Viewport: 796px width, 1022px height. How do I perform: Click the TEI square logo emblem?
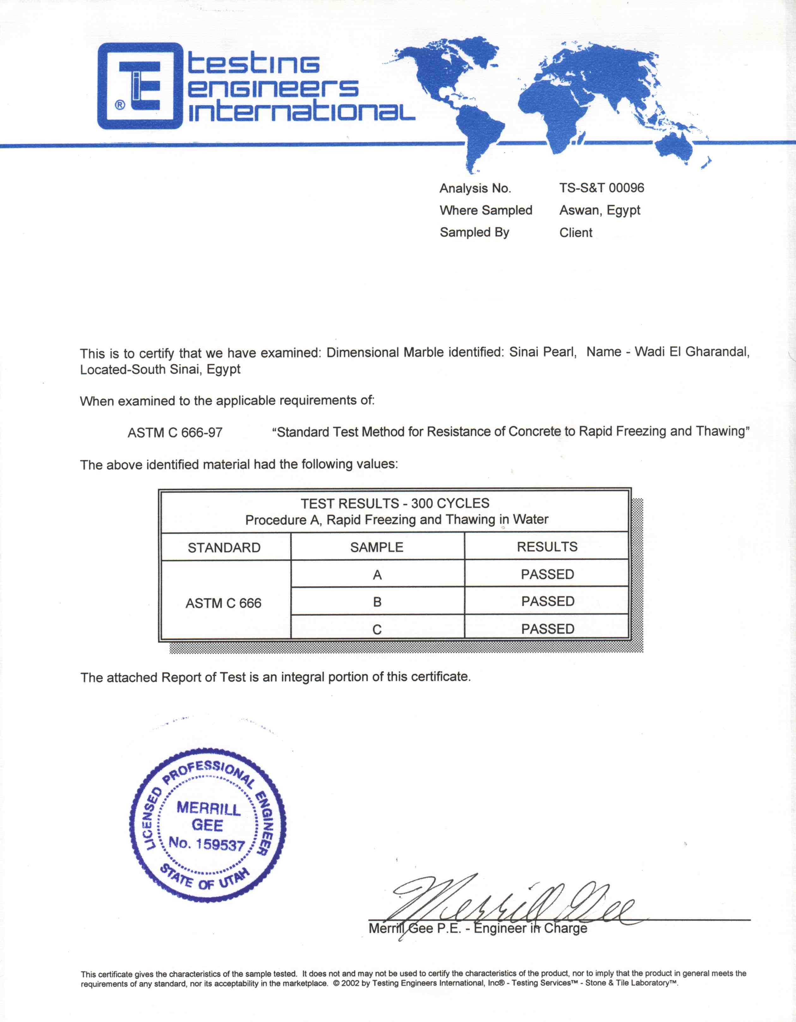pyautogui.click(x=140, y=86)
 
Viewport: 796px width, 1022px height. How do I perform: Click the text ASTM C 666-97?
pyautogui.click(x=175, y=433)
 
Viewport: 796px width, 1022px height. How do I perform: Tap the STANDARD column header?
pyautogui.click(x=224, y=547)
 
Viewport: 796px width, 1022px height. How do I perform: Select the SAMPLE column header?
pyautogui.click(x=377, y=547)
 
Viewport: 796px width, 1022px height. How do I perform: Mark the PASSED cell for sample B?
pyautogui.click(x=548, y=601)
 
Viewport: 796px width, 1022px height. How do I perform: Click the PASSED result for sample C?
pyautogui.click(x=548, y=629)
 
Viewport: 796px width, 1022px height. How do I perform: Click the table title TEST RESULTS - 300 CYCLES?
pyautogui.click(x=395, y=504)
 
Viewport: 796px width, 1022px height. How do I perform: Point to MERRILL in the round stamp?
pyautogui.click(x=208, y=809)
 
